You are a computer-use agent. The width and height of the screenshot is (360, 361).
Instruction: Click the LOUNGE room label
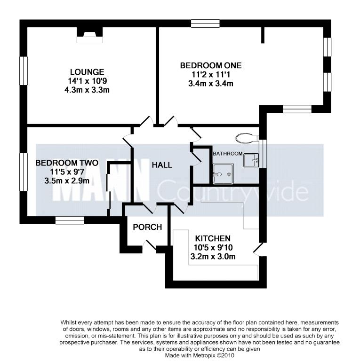click(87, 72)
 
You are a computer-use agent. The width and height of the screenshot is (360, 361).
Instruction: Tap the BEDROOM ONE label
click(211, 66)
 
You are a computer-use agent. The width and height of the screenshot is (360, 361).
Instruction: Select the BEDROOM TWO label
click(67, 163)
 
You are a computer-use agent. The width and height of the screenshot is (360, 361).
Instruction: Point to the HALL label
click(162, 165)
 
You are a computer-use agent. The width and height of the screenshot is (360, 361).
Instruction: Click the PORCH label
click(147, 227)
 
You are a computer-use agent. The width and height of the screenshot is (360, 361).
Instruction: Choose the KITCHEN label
click(213, 238)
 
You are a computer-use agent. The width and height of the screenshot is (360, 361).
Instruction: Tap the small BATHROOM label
click(228, 154)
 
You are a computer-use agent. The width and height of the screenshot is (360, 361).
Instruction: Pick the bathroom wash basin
click(251, 160)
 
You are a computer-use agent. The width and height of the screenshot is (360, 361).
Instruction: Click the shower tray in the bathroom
click(223, 174)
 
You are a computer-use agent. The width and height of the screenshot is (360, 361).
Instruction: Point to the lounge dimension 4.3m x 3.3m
click(87, 90)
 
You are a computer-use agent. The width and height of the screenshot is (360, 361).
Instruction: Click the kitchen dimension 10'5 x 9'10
click(213, 248)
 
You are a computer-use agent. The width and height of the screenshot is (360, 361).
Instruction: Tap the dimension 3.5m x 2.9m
click(67, 180)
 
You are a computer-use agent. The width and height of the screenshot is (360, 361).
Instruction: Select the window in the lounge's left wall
click(24, 71)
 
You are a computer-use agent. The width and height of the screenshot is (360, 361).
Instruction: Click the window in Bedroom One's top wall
click(205, 24)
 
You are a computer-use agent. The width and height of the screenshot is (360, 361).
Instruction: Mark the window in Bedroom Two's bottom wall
click(70, 220)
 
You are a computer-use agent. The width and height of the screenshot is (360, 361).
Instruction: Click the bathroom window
click(263, 154)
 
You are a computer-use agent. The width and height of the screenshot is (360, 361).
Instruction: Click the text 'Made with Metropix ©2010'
click(200, 355)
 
